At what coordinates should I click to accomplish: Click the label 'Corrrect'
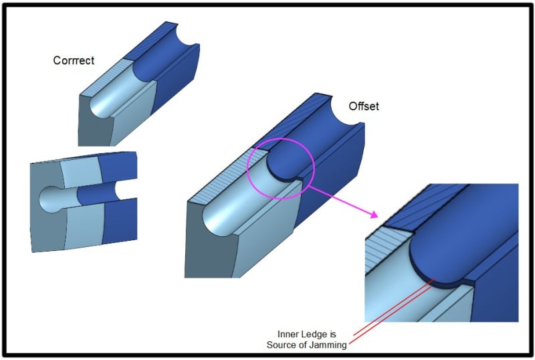[74, 60]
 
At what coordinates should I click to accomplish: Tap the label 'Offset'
[364, 106]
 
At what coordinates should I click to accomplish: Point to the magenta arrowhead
[374, 214]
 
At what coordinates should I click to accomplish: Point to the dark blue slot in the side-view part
[96, 193]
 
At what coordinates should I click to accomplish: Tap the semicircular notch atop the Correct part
[187, 36]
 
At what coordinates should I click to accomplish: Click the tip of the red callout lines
[435, 279]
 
